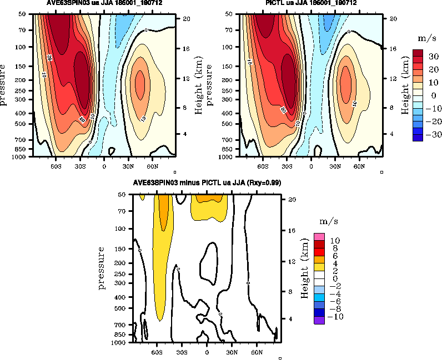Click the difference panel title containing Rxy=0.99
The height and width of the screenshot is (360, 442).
click(207, 182)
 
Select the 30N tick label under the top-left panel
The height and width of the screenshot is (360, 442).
click(128, 166)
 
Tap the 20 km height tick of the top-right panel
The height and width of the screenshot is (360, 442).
click(391, 19)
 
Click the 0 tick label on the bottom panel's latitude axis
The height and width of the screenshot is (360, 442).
click(207, 352)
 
